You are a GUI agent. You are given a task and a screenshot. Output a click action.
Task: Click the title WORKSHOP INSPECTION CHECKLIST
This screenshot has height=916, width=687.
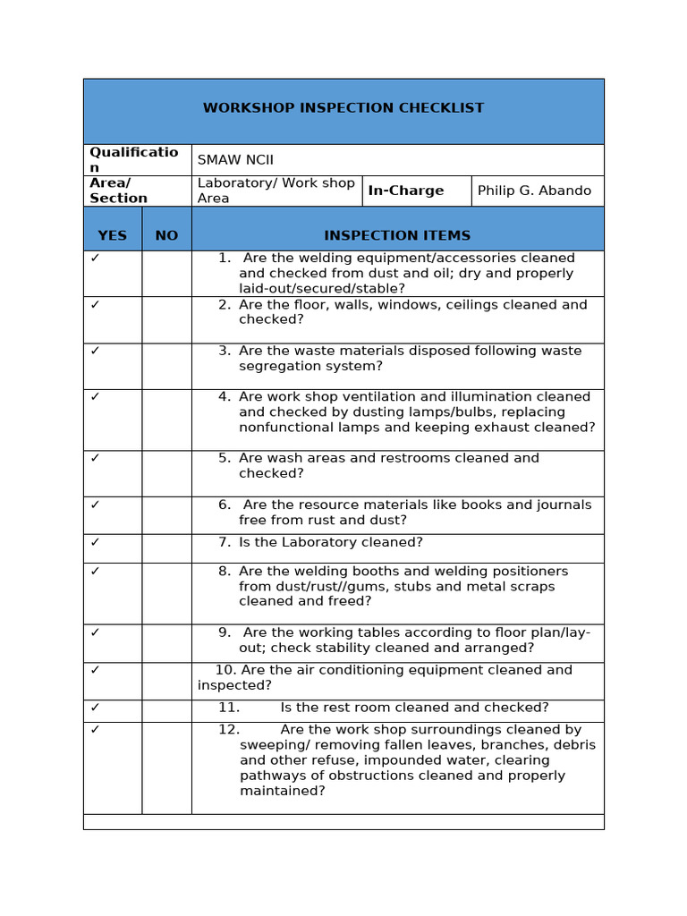343,108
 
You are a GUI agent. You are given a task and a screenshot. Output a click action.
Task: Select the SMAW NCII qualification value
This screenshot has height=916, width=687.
235,160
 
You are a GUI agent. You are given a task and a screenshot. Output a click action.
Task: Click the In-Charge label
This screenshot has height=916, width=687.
405,191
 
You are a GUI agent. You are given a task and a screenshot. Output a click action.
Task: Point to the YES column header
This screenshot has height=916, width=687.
112,235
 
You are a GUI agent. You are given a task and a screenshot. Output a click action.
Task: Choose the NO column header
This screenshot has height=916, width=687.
166,235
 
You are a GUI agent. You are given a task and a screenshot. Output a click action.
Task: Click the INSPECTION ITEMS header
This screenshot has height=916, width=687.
397,235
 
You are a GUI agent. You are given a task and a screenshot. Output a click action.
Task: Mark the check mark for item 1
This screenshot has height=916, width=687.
96,258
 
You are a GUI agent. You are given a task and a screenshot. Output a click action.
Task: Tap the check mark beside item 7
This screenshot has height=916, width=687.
96,542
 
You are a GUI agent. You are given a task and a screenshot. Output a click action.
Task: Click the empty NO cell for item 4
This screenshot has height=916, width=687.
166,420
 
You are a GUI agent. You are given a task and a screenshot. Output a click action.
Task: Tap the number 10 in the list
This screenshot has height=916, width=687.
225,670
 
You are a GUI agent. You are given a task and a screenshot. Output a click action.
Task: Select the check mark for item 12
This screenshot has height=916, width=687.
96,730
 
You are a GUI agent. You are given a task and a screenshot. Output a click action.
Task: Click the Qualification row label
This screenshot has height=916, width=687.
133,159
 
